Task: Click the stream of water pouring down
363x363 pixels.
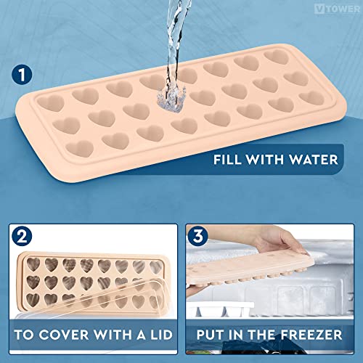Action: (x=172, y=44)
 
